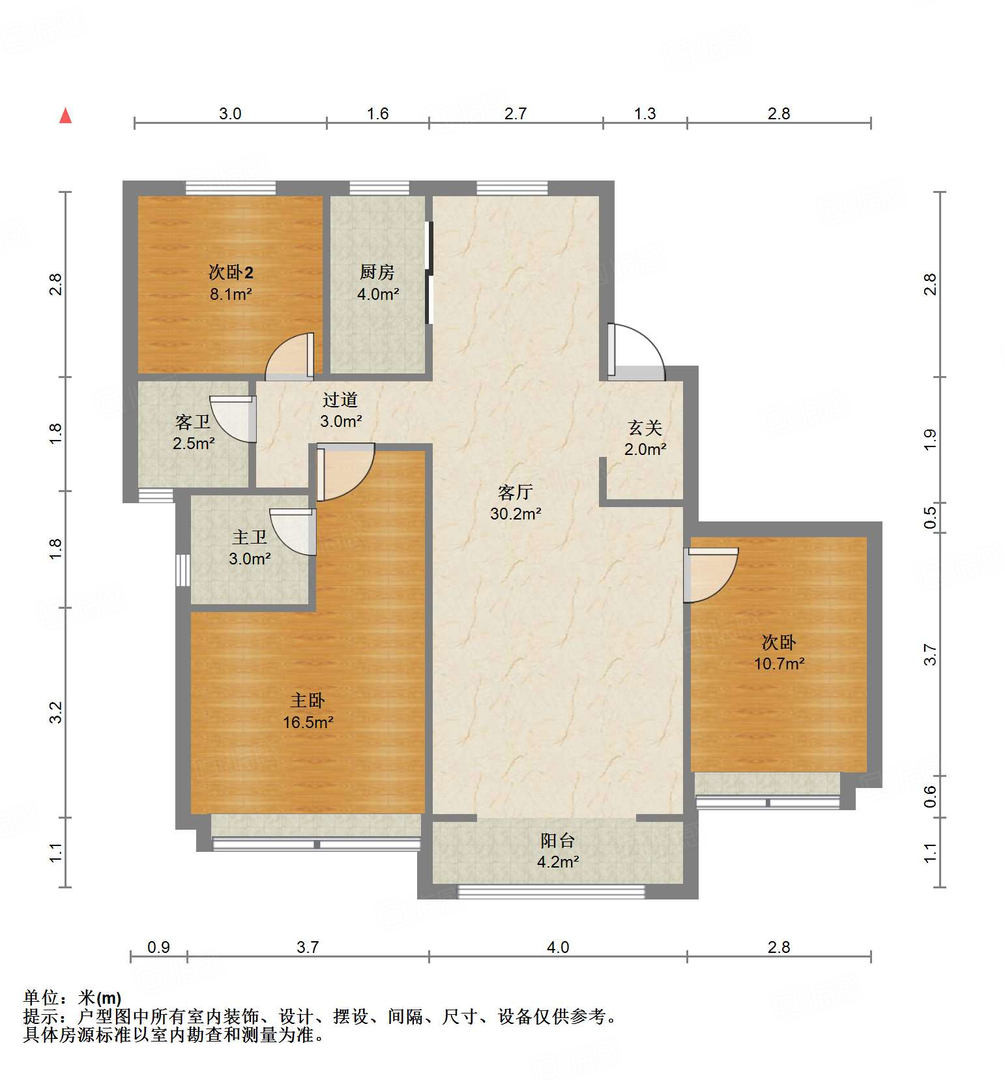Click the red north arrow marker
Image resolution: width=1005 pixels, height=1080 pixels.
[65, 115]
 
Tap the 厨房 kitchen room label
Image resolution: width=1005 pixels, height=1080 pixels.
[377, 272]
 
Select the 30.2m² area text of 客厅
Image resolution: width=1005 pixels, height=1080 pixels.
[516, 514]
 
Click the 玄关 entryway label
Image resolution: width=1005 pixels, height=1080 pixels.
[645, 428]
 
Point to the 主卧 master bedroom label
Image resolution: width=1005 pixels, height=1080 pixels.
[308, 701]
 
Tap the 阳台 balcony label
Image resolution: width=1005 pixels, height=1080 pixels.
[558, 840]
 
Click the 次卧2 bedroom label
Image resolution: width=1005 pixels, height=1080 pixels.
[231, 272]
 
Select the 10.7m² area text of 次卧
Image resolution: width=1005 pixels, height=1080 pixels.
[779, 664]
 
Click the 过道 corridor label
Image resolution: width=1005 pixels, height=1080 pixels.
[340, 400]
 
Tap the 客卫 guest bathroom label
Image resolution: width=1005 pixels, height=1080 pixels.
[193, 422]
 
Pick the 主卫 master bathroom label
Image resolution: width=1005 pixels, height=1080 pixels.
[250, 537]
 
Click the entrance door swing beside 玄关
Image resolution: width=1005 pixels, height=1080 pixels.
[635, 353]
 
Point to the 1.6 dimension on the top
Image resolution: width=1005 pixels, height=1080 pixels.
[377, 113]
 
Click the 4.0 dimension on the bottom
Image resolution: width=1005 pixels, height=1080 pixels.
[558, 946]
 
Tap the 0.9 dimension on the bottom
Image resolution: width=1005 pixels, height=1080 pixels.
[158, 946]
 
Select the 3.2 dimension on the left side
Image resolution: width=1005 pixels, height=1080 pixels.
[56, 712]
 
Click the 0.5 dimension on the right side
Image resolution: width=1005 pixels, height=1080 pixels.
[930, 518]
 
